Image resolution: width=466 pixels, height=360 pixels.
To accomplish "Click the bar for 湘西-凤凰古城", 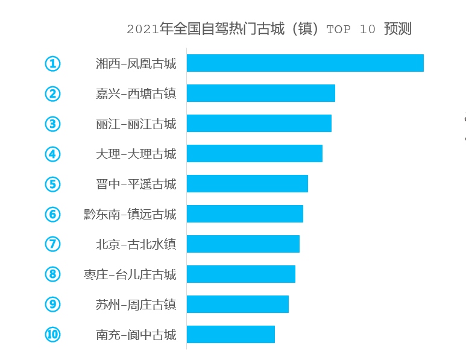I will pyautogui.click(x=305, y=63).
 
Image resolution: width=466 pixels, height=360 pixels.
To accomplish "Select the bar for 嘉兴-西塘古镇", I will pyautogui.click(x=260, y=93).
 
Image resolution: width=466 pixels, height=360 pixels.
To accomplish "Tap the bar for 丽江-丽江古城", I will pyautogui.click(x=259, y=124).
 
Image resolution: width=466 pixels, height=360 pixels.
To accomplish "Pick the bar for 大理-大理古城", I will pyautogui.click(x=254, y=154).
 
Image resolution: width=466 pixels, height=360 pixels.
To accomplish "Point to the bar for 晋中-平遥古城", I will pyautogui.click(x=247, y=184).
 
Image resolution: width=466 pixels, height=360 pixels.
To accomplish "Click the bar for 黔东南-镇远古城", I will pyautogui.click(x=245, y=214).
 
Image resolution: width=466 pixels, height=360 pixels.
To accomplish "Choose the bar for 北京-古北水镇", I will pyautogui.click(x=243, y=244).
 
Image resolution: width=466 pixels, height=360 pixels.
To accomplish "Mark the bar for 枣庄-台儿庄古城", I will pyautogui.click(x=241, y=274).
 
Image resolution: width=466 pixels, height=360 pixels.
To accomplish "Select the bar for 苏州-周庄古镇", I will pyautogui.click(x=238, y=305).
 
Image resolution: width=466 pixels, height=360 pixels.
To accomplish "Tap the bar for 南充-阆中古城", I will pyautogui.click(x=230, y=335).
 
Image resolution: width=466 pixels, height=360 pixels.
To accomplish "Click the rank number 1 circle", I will pyautogui.click(x=53, y=63).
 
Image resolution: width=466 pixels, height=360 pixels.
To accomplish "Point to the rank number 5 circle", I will pyautogui.click(x=53, y=184).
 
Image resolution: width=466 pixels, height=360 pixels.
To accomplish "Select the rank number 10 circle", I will pyautogui.click(x=53, y=335).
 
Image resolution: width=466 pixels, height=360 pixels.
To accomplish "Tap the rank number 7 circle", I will pyautogui.click(x=53, y=244).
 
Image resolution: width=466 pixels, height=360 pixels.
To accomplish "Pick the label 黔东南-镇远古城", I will pyautogui.click(x=130, y=214).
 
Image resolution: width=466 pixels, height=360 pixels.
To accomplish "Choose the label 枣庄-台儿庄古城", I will pyautogui.click(x=130, y=274).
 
